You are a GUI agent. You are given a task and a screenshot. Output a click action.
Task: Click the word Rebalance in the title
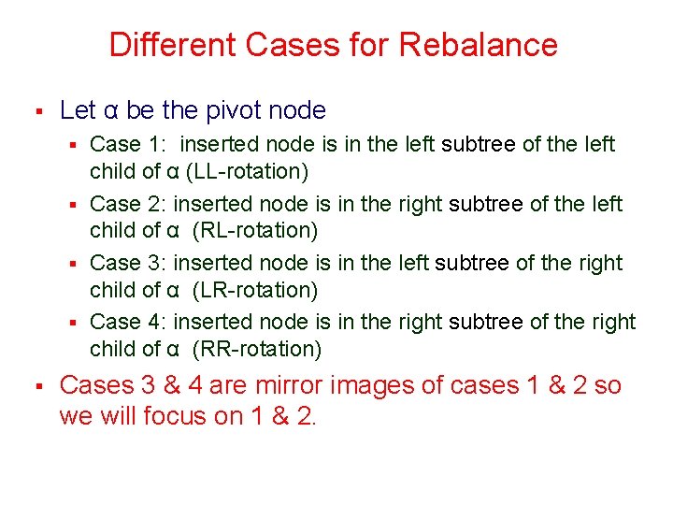pyautogui.click(x=479, y=45)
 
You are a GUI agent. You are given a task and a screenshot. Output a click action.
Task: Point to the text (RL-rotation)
pyautogui.click(x=255, y=231)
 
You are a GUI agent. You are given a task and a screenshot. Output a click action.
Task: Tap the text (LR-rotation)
pyautogui.click(x=255, y=290)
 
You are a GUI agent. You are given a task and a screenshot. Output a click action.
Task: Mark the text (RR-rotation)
pyautogui.click(x=256, y=350)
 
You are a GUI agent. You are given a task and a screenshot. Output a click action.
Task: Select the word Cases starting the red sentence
pyautogui.click(x=98, y=385)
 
